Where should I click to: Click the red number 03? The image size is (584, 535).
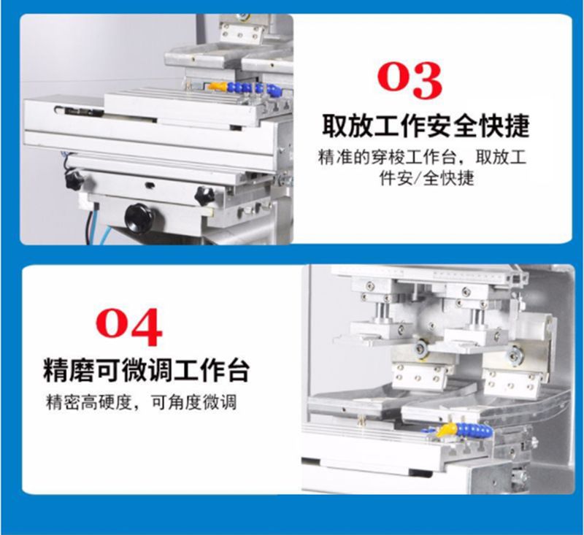tap(410, 80)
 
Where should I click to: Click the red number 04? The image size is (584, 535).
tap(129, 327)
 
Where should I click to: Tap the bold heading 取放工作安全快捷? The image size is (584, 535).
tap(426, 126)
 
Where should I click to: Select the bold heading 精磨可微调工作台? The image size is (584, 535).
tap(146, 370)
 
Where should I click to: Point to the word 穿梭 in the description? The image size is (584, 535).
tap(388, 158)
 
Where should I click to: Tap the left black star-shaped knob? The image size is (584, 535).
tap(74, 181)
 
